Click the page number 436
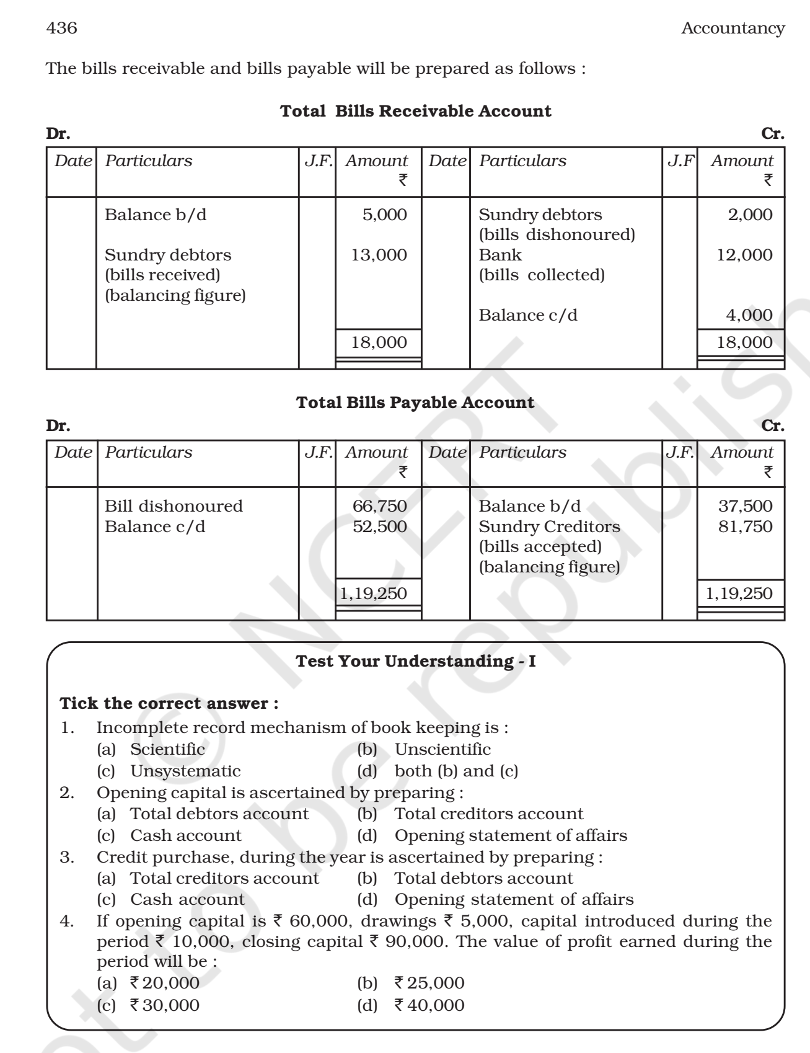pos(62,29)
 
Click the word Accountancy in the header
pos(733,29)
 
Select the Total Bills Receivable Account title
pos(416,112)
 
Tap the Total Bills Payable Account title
pos(415,402)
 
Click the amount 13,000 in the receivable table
pos(379,255)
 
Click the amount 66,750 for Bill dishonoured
pos(379,506)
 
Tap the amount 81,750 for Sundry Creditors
pos(745,526)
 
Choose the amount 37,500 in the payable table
pos(745,506)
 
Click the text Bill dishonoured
pos(174,506)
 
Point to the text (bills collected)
pos(541,275)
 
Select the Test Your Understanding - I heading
pos(416,662)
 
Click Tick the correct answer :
pos(169,704)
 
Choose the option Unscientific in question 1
pos(442,749)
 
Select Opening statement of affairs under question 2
pos(510,835)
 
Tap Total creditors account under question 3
pos(224,878)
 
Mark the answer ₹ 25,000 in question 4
pos(429,983)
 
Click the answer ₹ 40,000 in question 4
pos(429,1005)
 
